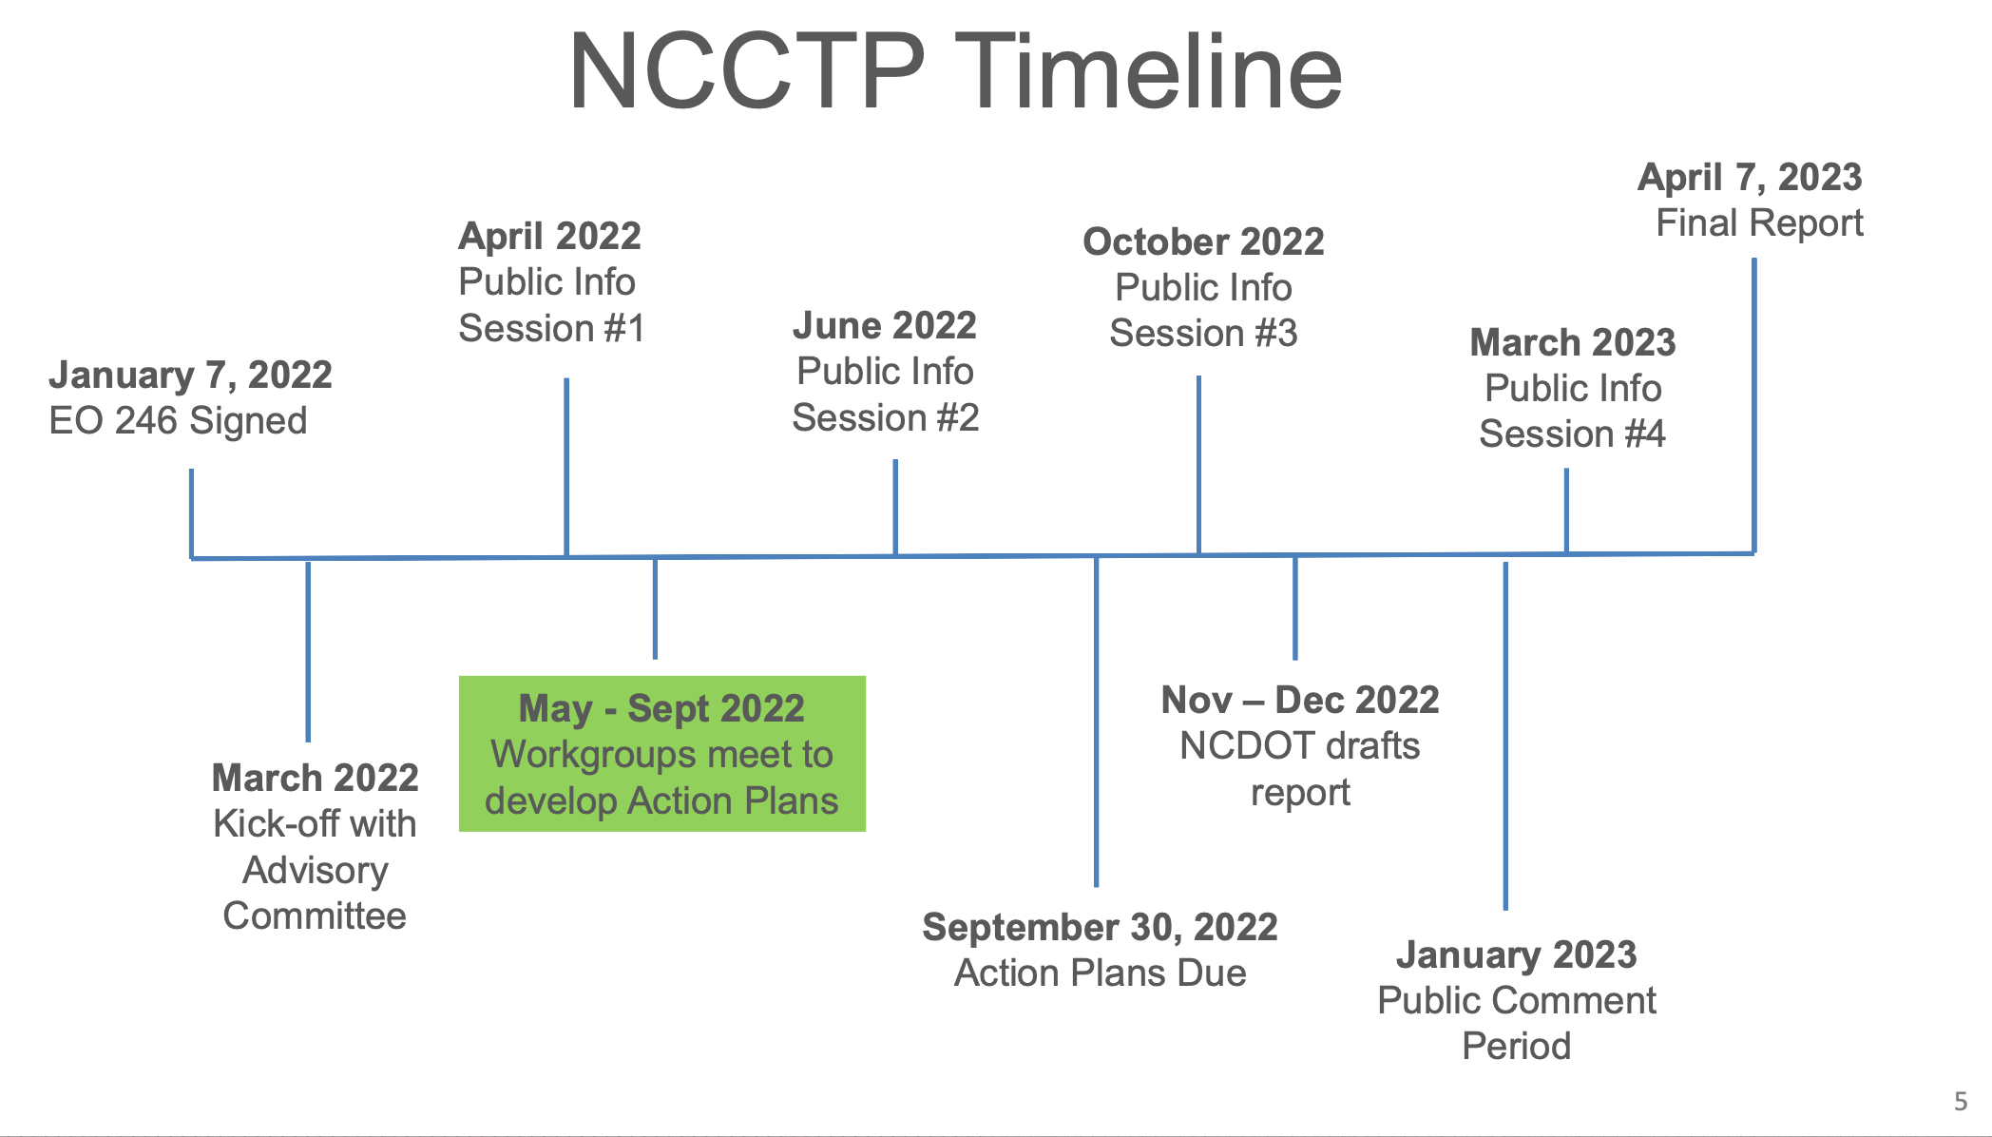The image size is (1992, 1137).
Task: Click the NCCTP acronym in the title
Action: (747, 72)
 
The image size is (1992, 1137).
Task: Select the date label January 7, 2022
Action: (190, 376)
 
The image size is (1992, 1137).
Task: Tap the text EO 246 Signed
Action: (178, 421)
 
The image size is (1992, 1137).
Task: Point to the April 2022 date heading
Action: (549, 236)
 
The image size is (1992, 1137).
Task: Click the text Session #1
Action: (551, 329)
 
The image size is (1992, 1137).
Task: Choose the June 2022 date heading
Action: (885, 325)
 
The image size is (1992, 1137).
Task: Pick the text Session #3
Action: (1203, 334)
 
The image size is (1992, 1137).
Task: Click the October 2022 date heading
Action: (1203, 241)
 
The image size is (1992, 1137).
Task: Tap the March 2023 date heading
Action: (1573, 342)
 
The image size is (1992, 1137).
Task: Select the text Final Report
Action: (1759, 223)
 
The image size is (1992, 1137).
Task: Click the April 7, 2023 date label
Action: (1750, 178)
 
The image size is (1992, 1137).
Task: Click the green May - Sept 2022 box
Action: (662, 754)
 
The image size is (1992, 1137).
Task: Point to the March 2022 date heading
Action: (315, 778)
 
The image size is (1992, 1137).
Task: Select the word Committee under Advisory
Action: (315, 916)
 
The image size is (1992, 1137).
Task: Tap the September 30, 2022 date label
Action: (1100, 928)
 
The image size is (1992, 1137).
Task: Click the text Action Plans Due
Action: (1100, 973)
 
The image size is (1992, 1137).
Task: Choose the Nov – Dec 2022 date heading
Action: (1300, 700)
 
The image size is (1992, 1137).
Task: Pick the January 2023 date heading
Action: (1516, 954)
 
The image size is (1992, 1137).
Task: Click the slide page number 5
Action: (1961, 1101)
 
